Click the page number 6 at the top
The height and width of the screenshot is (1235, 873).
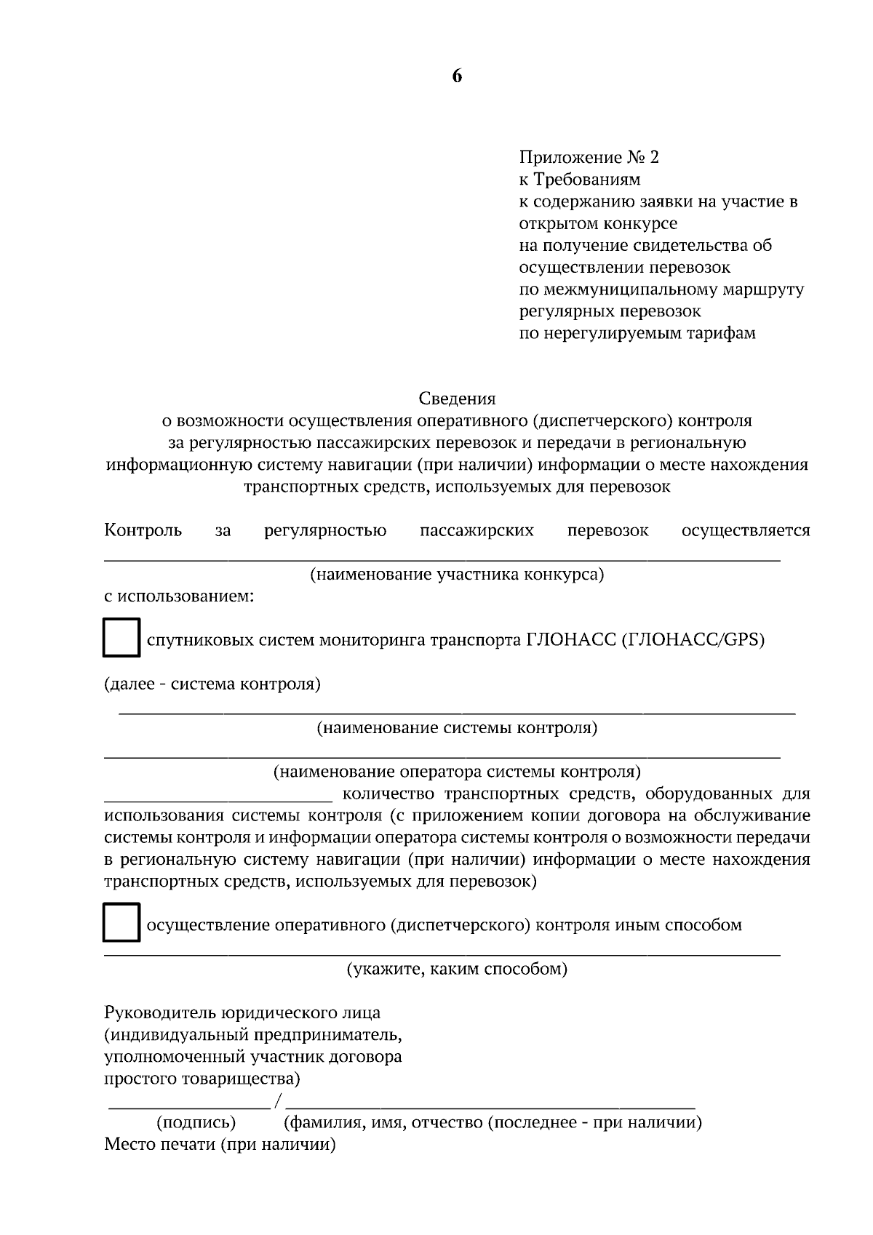tap(457, 76)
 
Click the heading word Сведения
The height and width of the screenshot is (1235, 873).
tap(457, 399)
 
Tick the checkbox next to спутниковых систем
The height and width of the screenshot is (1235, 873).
tap(121, 638)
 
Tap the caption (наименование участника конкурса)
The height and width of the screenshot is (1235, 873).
tap(457, 575)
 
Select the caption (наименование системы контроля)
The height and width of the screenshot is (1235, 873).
tap(457, 728)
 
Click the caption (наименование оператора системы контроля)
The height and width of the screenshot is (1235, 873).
tap(457, 772)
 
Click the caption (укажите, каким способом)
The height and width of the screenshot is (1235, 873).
tap(457, 969)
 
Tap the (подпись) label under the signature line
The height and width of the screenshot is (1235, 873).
tap(196, 1122)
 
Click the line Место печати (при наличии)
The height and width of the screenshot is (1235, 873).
tap(220, 1145)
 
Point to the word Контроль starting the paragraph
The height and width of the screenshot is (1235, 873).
tap(143, 530)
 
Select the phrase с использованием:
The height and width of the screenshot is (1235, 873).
tap(179, 597)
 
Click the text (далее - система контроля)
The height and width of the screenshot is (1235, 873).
tap(212, 684)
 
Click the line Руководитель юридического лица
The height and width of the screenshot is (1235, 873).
tap(242, 1012)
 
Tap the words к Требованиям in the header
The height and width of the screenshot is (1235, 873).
tap(579, 179)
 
